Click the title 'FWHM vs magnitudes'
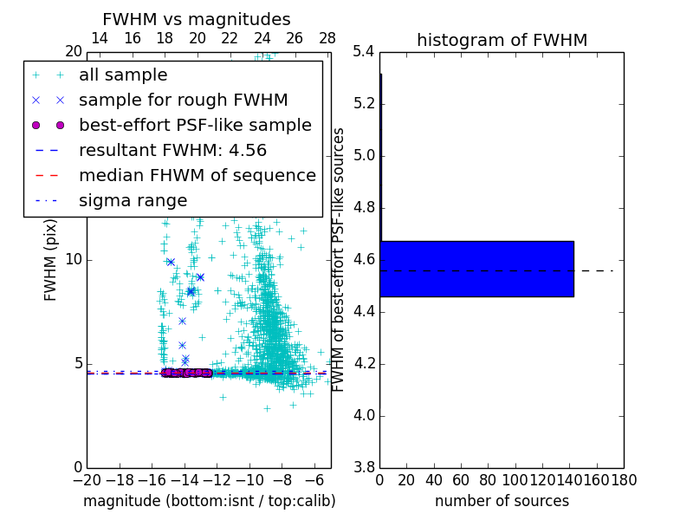point(197,19)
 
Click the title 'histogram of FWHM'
point(502,40)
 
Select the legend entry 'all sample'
point(123,75)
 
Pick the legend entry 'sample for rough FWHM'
point(183,100)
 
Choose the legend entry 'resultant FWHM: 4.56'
point(172,150)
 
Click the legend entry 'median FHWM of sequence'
point(197,175)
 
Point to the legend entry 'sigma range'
point(133,200)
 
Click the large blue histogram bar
point(476,269)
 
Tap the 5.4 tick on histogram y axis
point(364,52)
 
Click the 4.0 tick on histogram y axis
point(364,415)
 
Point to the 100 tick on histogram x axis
point(515,479)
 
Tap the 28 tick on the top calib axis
point(327,38)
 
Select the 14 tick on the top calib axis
point(100,38)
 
